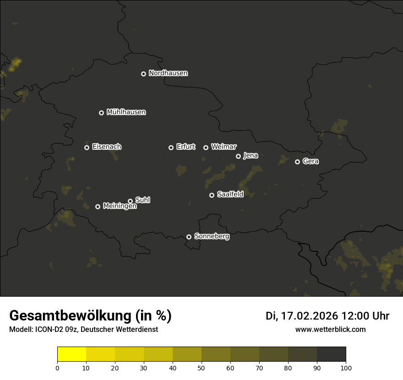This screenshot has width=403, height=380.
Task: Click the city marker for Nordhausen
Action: (143, 74)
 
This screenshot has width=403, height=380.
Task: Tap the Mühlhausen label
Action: (126, 112)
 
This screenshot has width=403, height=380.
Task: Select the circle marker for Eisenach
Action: (87, 147)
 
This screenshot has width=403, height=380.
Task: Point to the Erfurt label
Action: (185, 147)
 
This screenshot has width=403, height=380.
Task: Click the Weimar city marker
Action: (206, 147)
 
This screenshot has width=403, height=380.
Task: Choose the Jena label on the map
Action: (251, 156)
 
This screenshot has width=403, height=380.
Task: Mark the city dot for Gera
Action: (297, 162)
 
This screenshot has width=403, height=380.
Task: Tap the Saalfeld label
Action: (230, 195)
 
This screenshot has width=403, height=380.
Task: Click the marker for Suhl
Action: (130, 201)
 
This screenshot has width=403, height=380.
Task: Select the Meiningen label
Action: (120, 206)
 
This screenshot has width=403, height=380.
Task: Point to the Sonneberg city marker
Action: (189, 237)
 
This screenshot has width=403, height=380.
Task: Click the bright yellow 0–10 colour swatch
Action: (71, 354)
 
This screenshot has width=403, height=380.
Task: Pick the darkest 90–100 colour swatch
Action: (331, 354)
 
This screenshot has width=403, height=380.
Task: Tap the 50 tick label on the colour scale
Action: (201, 368)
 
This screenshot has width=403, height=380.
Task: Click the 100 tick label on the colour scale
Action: (346, 368)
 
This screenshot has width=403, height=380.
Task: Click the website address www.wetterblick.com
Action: (331, 329)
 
